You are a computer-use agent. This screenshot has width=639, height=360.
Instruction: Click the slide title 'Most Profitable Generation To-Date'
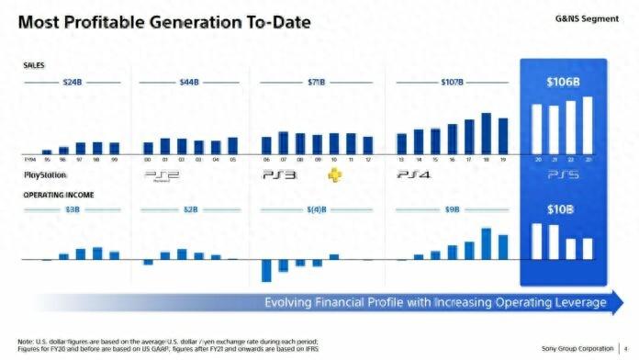[161, 22]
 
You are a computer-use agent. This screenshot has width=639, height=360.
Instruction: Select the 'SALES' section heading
[34, 66]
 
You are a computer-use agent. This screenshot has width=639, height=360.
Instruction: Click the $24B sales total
[73, 83]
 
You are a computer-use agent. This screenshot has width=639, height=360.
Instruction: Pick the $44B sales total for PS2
[190, 83]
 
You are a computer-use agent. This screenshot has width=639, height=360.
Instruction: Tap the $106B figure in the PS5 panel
[563, 83]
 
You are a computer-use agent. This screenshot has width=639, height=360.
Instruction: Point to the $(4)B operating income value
[317, 210]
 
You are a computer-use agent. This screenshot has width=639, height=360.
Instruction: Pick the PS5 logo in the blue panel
[563, 174]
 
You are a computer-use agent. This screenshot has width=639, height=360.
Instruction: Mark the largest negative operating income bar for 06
[266, 270]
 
